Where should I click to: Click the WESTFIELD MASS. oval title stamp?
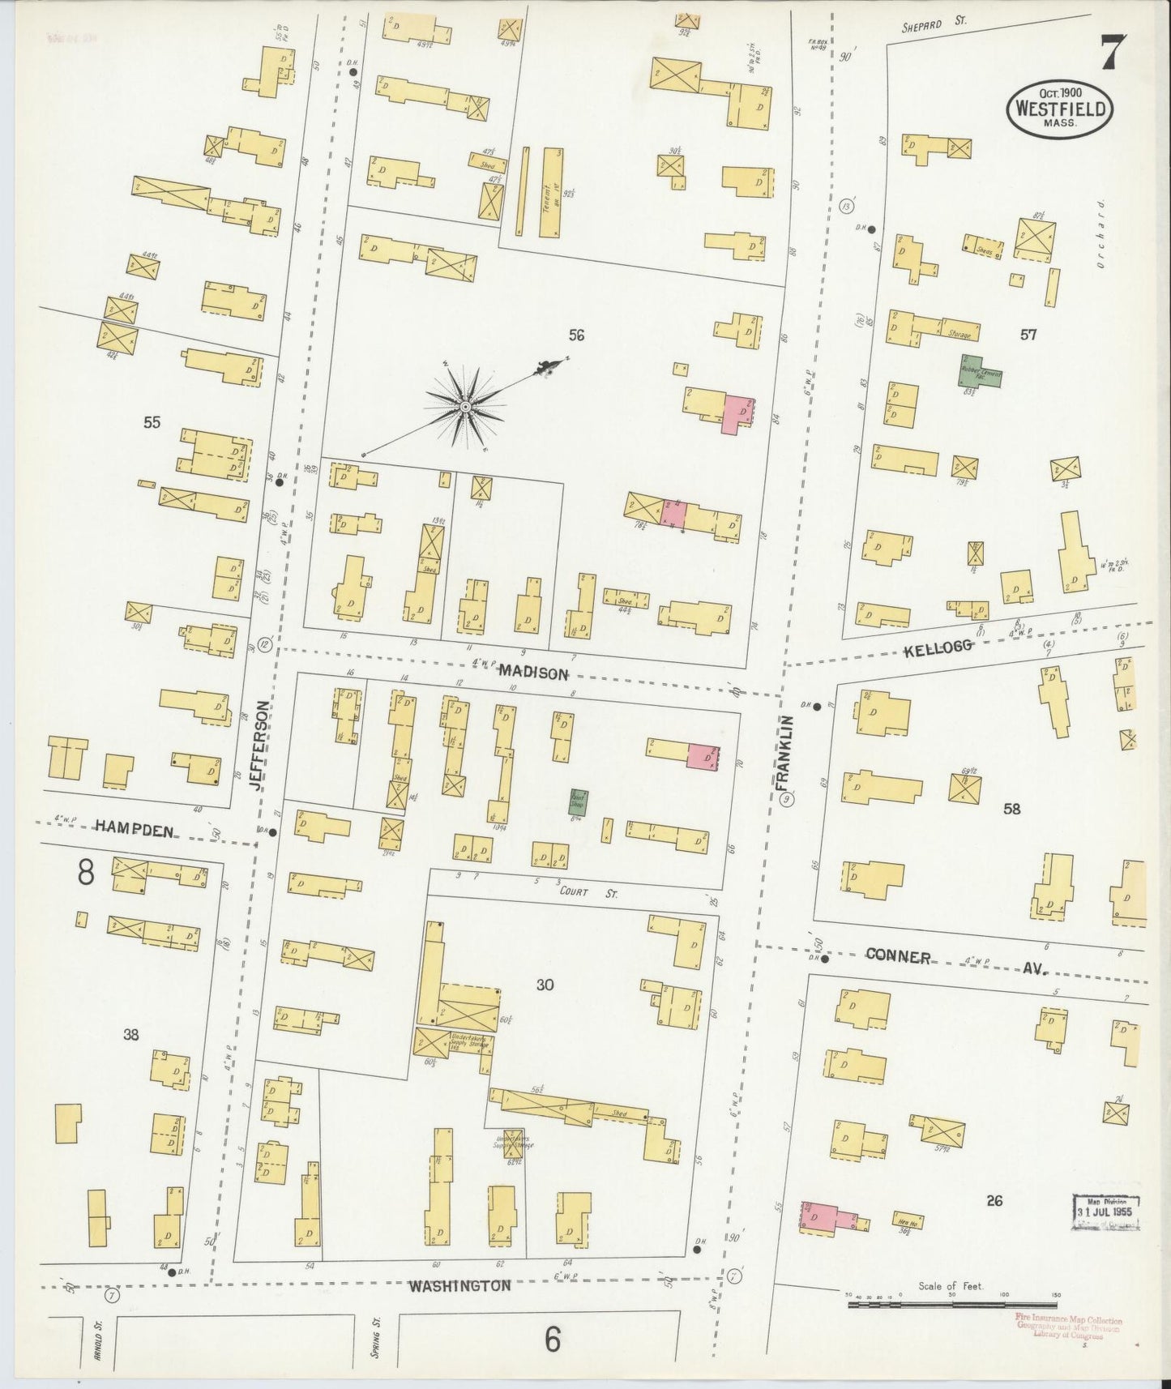pos(1060,109)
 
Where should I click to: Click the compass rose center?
pos(466,406)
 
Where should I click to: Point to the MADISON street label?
pos(532,672)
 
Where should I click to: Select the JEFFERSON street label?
pos(259,745)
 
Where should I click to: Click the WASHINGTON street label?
pos(459,1285)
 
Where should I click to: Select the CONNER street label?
pos(897,956)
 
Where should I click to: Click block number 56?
pos(576,335)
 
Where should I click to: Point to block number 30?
pos(545,985)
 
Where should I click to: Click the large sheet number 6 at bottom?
pos(552,1340)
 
